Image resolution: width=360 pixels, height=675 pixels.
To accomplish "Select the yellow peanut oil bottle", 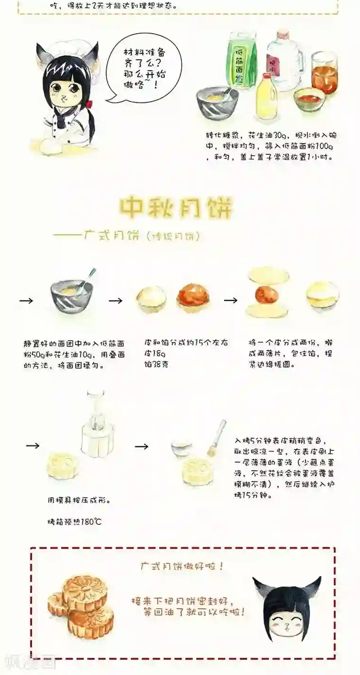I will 266,97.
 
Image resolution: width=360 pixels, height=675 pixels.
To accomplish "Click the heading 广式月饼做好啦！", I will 182,566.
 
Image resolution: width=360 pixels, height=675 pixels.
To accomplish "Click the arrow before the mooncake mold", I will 32,446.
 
